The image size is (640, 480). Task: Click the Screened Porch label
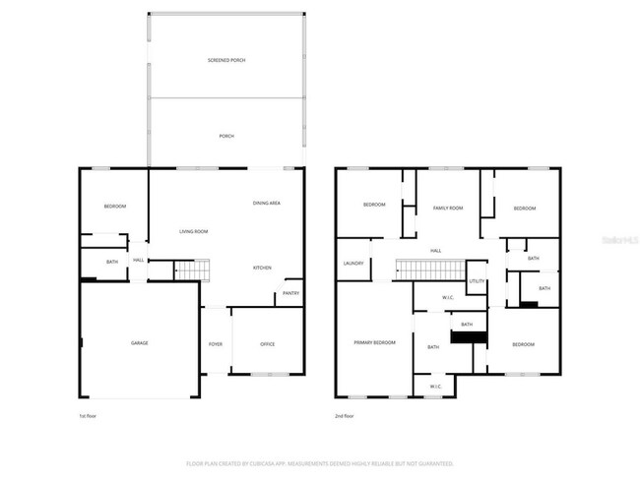click(225, 61)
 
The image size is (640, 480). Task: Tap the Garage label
click(140, 343)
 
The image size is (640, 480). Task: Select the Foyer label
click(216, 343)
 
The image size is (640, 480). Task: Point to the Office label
click(267, 343)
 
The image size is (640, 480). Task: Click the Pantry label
click(290, 293)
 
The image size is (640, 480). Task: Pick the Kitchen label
click(262, 269)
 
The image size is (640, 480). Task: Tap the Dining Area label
click(267, 203)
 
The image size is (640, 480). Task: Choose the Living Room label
click(193, 231)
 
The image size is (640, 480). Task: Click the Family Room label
click(449, 208)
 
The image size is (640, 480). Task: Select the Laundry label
click(353, 264)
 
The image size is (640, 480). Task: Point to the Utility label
click(477, 281)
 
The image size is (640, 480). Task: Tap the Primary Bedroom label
click(375, 342)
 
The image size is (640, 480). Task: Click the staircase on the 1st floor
click(193, 270)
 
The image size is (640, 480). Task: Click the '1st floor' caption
click(88, 416)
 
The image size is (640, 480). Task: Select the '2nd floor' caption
click(345, 416)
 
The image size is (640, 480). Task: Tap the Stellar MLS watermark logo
click(615, 239)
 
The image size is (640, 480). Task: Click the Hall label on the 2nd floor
click(435, 251)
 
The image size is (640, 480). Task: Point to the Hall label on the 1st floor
click(139, 260)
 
